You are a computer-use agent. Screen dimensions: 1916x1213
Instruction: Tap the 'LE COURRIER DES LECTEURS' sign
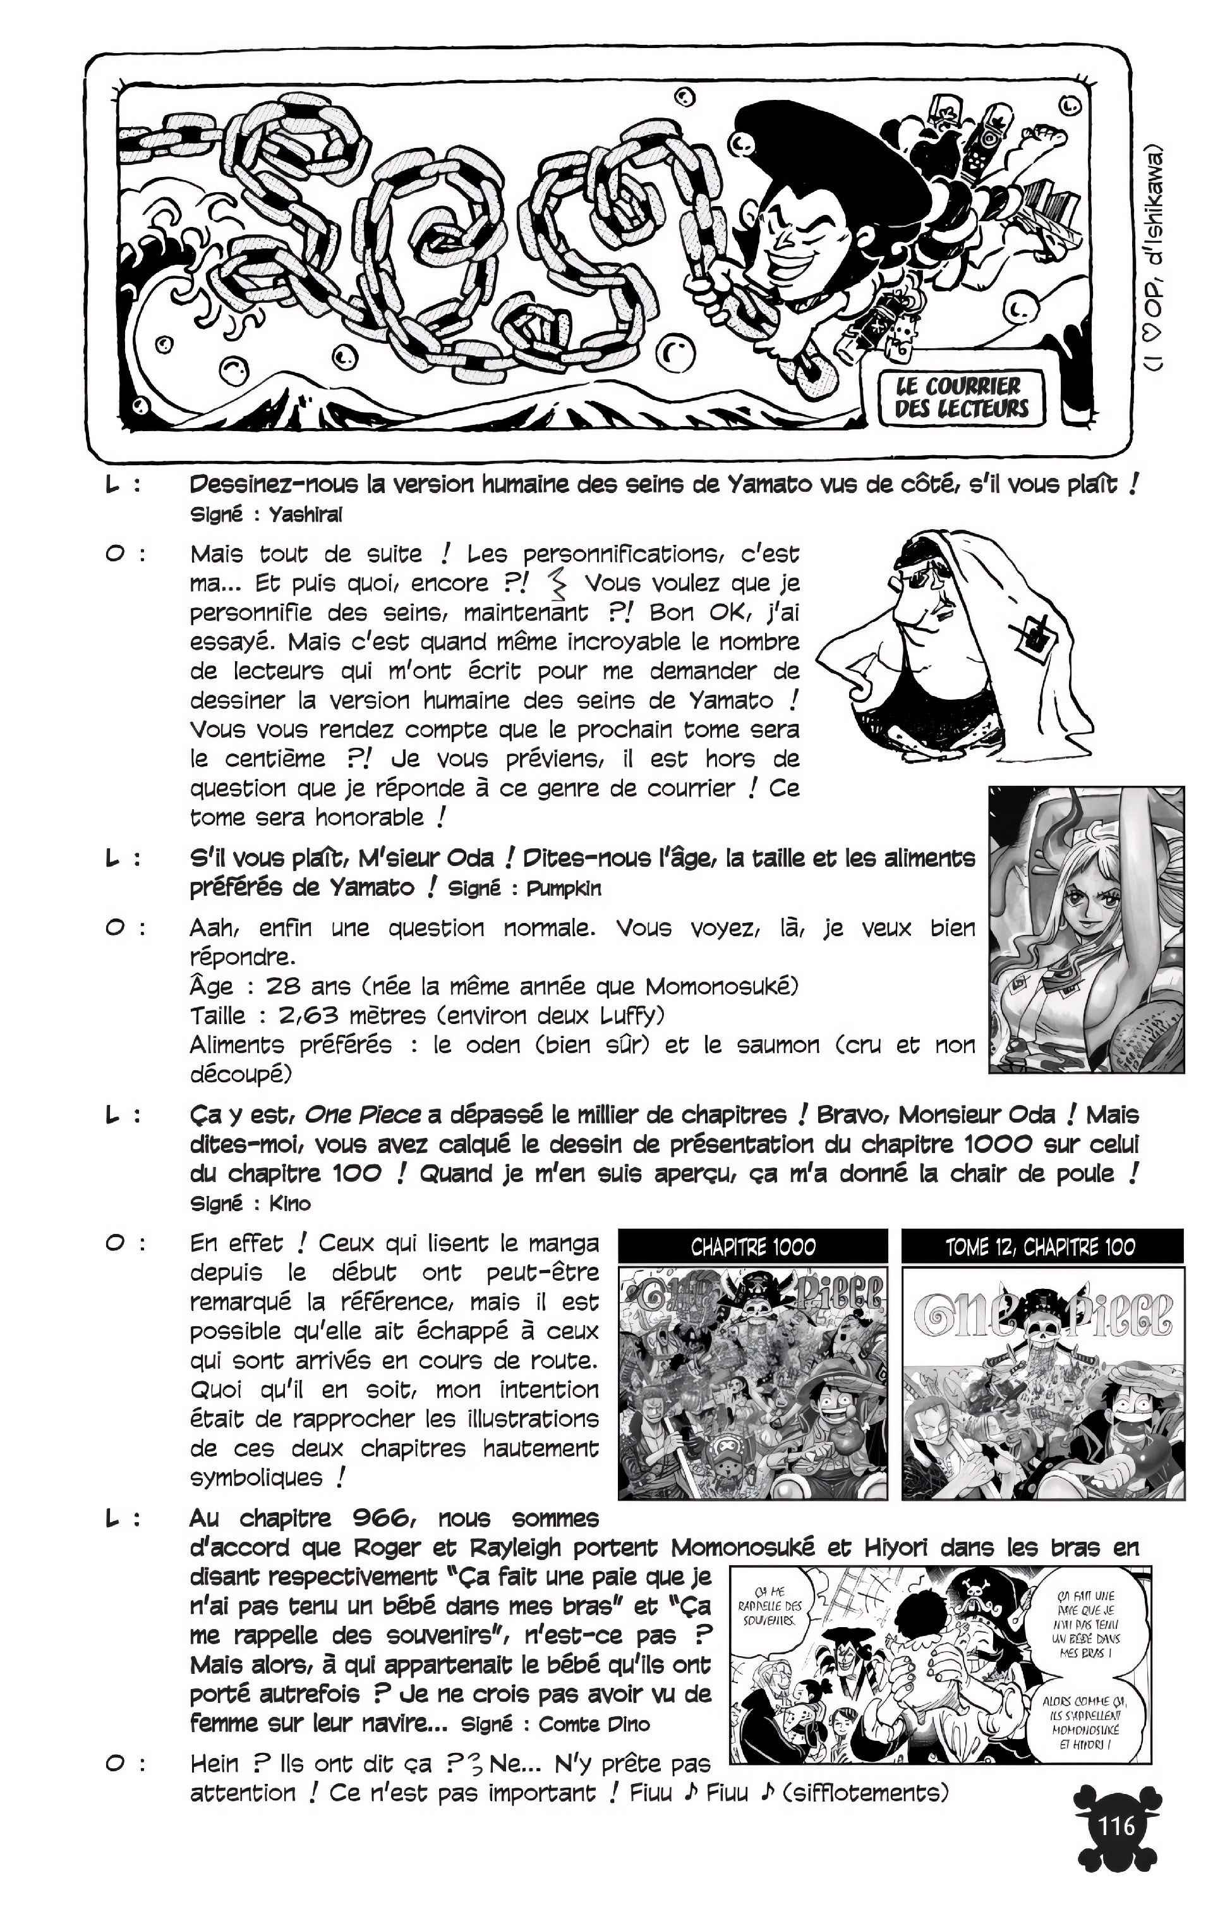click(x=961, y=397)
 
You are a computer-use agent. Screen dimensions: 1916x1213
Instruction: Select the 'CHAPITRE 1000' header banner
click(x=752, y=1246)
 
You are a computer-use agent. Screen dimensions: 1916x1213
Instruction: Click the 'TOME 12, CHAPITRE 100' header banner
click(x=1041, y=1246)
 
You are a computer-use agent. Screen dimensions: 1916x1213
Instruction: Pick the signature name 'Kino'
click(x=289, y=1203)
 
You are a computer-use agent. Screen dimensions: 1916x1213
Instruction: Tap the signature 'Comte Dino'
click(x=593, y=1724)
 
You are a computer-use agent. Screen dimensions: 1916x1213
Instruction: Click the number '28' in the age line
click(x=282, y=987)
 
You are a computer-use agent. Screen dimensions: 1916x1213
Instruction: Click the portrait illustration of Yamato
click(x=1086, y=929)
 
